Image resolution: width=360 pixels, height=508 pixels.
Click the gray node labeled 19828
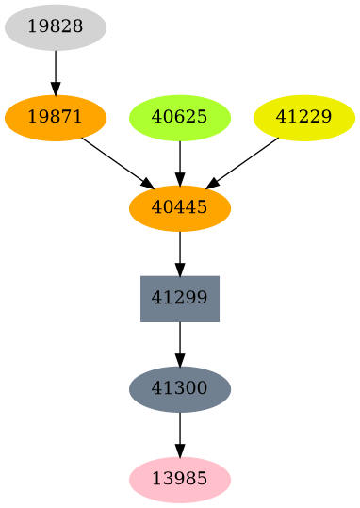(x=56, y=27)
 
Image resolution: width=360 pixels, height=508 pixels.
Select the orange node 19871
(x=56, y=118)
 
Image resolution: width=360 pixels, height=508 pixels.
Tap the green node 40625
(x=180, y=118)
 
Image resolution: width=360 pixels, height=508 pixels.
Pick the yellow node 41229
(x=304, y=118)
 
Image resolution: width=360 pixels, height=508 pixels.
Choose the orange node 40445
(x=180, y=208)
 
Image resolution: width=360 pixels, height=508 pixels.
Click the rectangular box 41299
(x=180, y=299)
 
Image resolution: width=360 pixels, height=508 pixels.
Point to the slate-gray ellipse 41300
(x=180, y=389)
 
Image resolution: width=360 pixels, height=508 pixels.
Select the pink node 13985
(x=180, y=480)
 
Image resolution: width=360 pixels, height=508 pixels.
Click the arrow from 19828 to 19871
(x=56, y=72)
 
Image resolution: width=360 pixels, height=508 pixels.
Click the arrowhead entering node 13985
(x=180, y=451)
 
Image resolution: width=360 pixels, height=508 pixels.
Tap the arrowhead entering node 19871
(x=56, y=90)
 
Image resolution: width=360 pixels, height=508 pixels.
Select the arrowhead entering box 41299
(x=180, y=270)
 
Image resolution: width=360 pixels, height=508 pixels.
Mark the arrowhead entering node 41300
(x=180, y=360)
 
